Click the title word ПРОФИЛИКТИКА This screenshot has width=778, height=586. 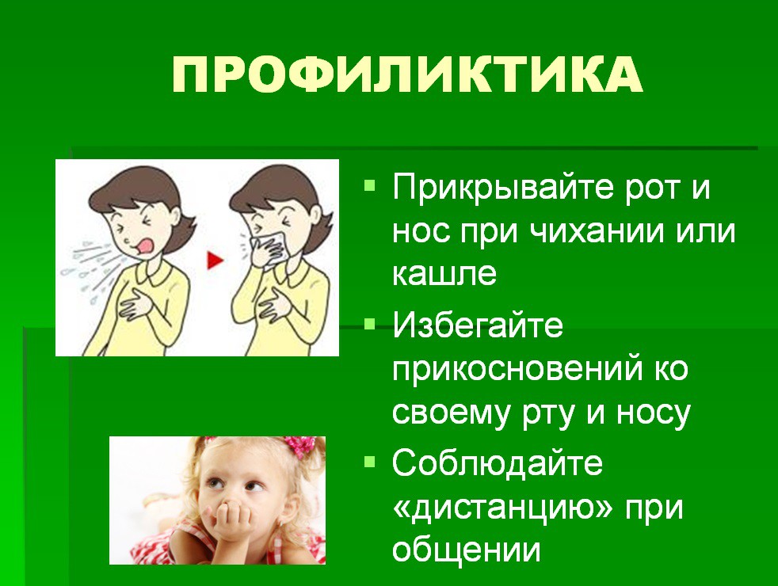(407, 75)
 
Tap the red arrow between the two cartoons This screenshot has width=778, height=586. (215, 260)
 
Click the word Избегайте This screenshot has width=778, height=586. (478, 325)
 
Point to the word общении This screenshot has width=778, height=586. (466, 550)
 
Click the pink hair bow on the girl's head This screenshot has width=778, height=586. (299, 445)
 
